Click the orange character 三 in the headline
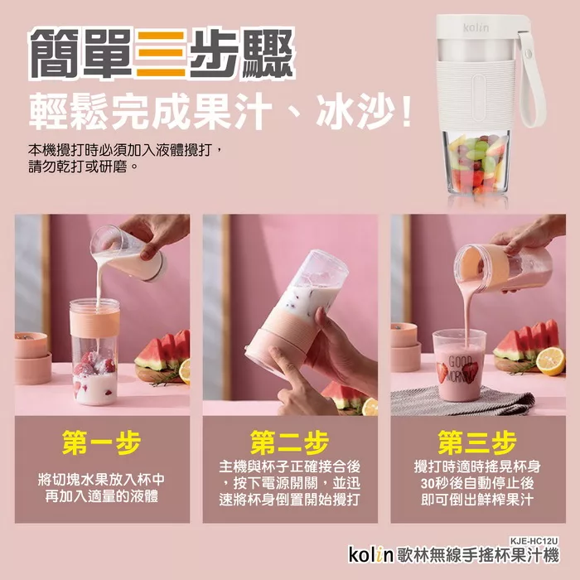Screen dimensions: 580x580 coord(161,54)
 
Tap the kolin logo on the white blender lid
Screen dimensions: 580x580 coord(476,27)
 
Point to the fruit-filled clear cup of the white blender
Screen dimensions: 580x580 coord(476,162)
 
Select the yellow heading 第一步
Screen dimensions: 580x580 coord(102,442)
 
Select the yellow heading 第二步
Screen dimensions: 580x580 coord(290,442)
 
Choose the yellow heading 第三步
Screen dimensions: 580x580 coord(477,442)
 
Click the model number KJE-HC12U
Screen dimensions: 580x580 coord(534,541)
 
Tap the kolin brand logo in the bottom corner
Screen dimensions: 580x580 coord(370,555)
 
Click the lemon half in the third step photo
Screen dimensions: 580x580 coord(550,360)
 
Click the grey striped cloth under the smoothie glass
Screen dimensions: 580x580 coord(462,400)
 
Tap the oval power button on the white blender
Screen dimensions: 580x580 coord(478,97)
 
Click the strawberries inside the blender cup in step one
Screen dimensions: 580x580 coord(94,364)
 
